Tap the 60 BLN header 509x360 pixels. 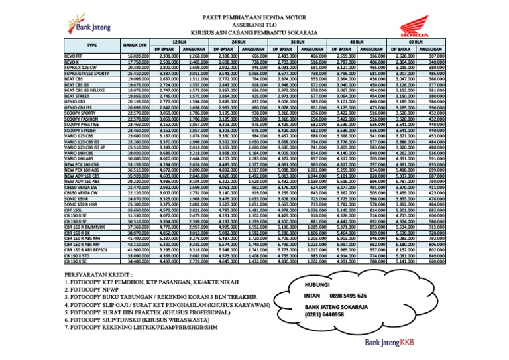click(416, 41)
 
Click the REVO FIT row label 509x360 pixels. click(74, 56)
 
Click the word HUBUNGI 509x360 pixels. click(318, 282)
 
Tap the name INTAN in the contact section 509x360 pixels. click(313, 296)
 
